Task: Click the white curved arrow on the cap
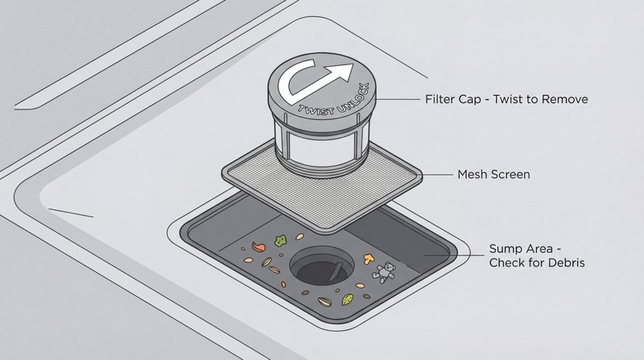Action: (x=315, y=81)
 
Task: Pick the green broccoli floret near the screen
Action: (x=280, y=239)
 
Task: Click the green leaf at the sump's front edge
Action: (x=348, y=299)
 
